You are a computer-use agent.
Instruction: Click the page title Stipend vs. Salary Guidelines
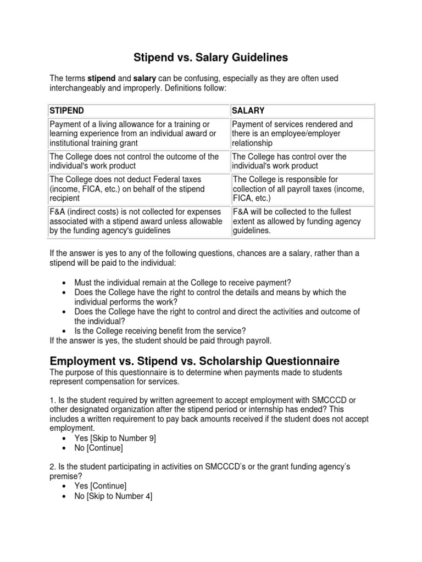coord(211,57)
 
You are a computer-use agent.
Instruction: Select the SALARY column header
coord(248,110)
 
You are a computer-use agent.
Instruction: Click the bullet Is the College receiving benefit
coord(160,330)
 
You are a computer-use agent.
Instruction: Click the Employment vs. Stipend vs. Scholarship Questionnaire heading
coord(195,361)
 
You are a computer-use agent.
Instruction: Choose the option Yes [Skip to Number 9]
coord(115,438)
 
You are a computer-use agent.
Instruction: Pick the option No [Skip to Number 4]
coord(113,496)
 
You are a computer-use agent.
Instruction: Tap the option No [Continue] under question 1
coord(98,448)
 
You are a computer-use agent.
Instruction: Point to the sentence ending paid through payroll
coord(160,340)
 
